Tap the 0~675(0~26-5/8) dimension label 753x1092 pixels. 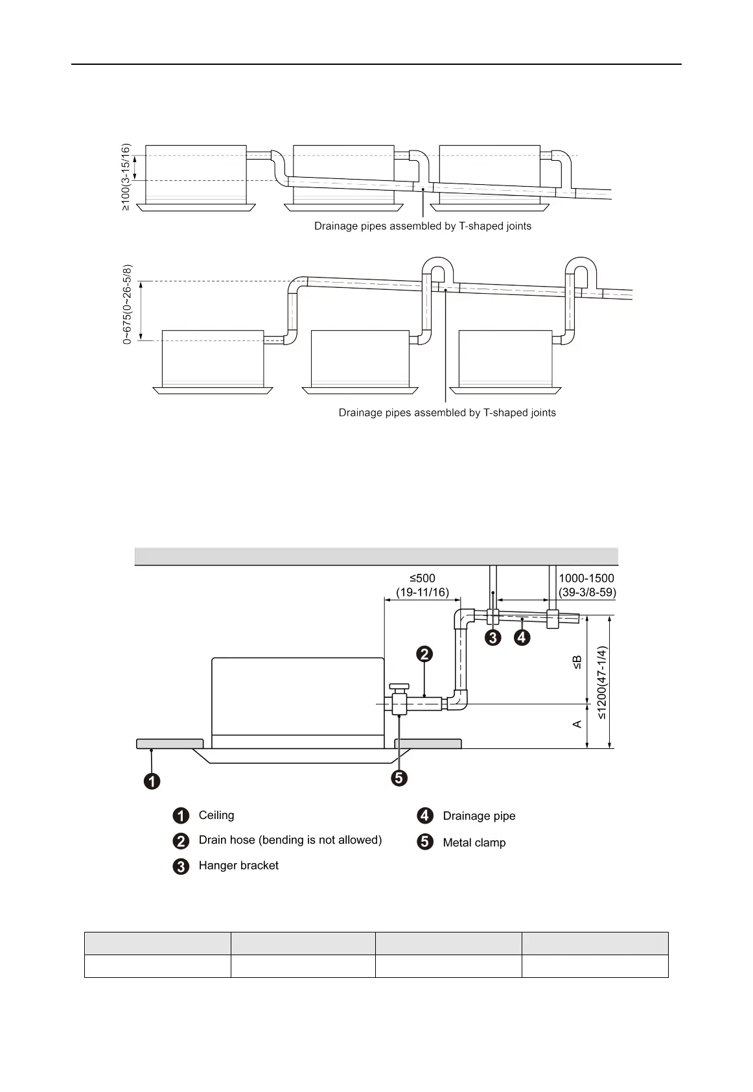pyautogui.click(x=127, y=304)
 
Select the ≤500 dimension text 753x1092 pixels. pyautogui.click(x=422, y=578)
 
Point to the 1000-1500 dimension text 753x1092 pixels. pyautogui.click(x=586, y=578)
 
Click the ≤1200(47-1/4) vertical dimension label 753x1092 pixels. pyautogui.click(x=602, y=682)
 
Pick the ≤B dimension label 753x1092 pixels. pyautogui.click(x=577, y=662)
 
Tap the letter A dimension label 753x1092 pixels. pyautogui.click(x=577, y=724)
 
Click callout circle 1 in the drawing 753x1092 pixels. pyautogui.click(x=152, y=781)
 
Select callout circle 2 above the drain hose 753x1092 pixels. pyautogui.click(x=424, y=654)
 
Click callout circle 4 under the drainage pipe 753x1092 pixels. pyautogui.click(x=522, y=638)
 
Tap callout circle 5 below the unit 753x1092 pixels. pyautogui.click(x=399, y=778)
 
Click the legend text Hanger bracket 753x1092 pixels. pyautogui.click(x=238, y=866)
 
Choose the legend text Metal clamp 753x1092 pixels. pyautogui.click(x=474, y=842)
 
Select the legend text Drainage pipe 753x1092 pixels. pyautogui.click(x=479, y=816)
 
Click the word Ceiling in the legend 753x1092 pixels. pyautogui.click(x=216, y=815)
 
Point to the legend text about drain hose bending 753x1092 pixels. pyautogui.click(x=290, y=840)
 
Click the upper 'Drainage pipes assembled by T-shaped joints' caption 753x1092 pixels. pyautogui.click(x=423, y=226)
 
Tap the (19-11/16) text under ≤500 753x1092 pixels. pyautogui.click(x=423, y=593)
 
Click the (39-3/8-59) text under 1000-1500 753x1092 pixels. pyautogui.click(x=587, y=593)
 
